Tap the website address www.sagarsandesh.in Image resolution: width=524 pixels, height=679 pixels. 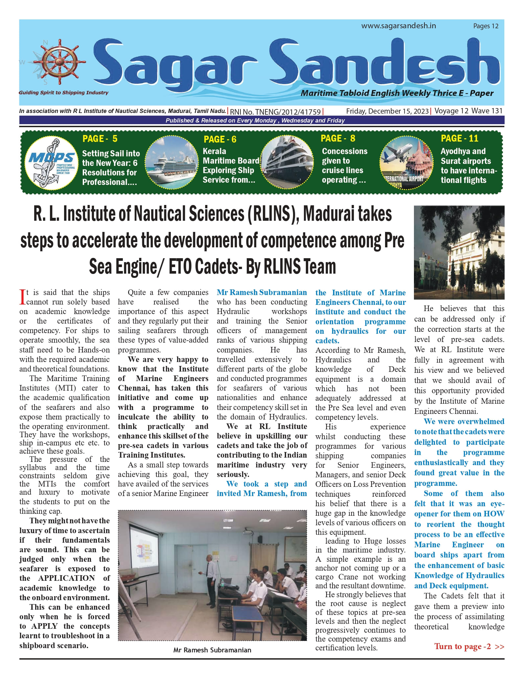click(398, 26)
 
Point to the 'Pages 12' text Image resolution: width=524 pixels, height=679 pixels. click(486, 26)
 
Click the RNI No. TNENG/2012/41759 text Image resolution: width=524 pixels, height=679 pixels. click(275, 112)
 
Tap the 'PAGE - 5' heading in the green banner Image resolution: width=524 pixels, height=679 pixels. click(100, 139)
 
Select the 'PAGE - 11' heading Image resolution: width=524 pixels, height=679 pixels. click(459, 138)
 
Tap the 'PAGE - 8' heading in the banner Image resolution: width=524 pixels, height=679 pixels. click(338, 138)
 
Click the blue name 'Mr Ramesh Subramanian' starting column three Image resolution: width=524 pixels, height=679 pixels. click(262, 292)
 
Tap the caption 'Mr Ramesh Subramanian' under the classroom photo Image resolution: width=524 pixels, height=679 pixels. click(212, 650)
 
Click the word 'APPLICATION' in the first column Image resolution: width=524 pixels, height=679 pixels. click(66, 578)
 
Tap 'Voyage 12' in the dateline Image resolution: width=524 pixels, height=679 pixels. click(451, 111)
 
